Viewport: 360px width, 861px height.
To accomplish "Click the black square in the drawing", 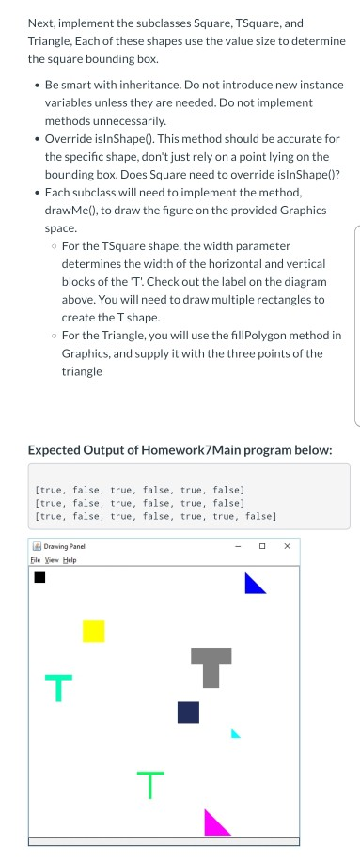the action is (x=39, y=577).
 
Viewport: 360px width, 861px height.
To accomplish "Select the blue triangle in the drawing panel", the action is (x=252, y=587).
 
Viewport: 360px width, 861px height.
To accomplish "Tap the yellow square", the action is (x=93, y=632).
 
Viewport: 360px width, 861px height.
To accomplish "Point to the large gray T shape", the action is (x=211, y=665).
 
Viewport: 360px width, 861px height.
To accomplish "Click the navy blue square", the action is (x=188, y=712).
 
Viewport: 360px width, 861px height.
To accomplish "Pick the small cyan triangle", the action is (x=235, y=733).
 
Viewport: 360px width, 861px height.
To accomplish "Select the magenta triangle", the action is (x=214, y=824).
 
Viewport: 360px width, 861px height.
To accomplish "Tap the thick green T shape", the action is (x=57, y=687).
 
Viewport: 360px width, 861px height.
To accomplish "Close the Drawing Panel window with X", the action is (x=287, y=545).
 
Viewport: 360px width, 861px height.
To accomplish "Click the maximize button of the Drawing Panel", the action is (x=262, y=545).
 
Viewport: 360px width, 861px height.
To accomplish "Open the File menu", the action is (x=38, y=559).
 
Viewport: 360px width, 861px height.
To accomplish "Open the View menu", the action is (x=53, y=559).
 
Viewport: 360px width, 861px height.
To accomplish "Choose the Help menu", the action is (x=69, y=559).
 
